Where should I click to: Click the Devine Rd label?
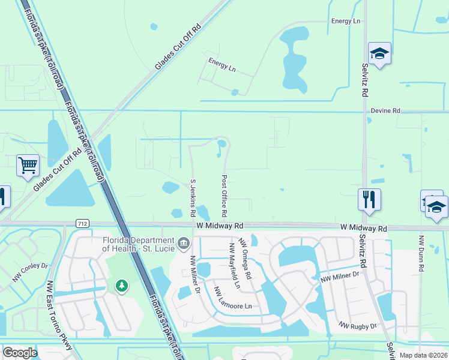click(385, 111)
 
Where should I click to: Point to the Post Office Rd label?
click(224, 196)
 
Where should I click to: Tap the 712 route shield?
click(83, 223)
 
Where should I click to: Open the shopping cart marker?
click(28, 165)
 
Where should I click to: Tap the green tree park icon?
click(122, 286)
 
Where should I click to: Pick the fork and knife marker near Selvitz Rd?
click(369, 199)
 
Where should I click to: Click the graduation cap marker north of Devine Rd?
click(379, 53)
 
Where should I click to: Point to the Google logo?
click(20, 353)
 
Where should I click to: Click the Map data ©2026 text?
click(423, 355)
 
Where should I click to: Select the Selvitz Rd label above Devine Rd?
click(364, 80)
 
